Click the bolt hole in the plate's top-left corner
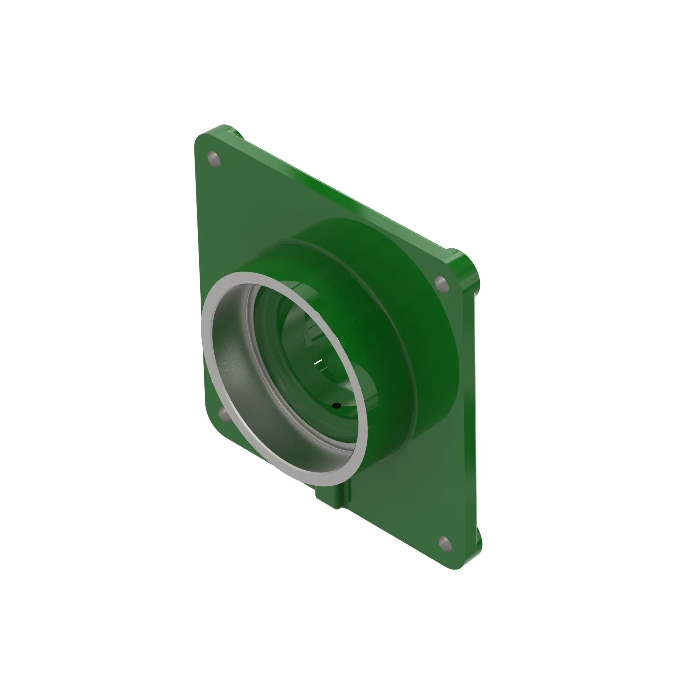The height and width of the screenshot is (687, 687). click(x=214, y=159)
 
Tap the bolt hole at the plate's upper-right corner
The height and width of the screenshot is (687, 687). click(x=441, y=284)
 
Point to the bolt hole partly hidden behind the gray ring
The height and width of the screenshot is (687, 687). click(x=223, y=413)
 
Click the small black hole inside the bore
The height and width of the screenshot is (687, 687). click(x=336, y=405)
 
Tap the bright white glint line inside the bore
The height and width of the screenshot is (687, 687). click(x=318, y=362)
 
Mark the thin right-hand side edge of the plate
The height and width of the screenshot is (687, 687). click(x=475, y=409)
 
